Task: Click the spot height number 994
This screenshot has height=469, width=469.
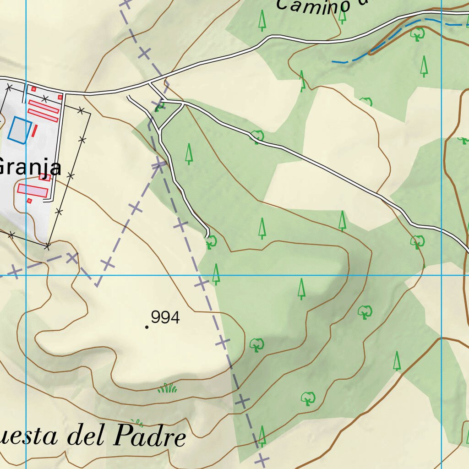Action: pyautogui.click(x=165, y=317)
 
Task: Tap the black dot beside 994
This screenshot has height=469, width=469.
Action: pyautogui.click(x=146, y=327)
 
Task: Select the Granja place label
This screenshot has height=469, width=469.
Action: pyautogui.click(x=29, y=167)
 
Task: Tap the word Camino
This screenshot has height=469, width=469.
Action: pyautogui.click(x=313, y=6)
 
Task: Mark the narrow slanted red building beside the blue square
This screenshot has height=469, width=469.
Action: pyautogui.click(x=34, y=131)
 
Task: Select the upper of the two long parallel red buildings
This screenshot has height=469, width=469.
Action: pyautogui.click(x=44, y=106)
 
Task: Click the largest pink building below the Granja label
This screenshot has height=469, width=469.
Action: pyautogui.click(x=33, y=190)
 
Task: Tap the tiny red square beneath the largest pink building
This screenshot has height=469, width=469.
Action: pyautogui.click(x=29, y=201)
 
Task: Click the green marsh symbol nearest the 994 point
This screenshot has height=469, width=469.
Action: pyautogui.click(x=168, y=388)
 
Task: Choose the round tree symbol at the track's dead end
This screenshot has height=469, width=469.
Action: pyautogui.click(x=211, y=241)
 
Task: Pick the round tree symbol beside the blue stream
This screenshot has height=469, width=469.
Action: pyautogui.click(x=417, y=33)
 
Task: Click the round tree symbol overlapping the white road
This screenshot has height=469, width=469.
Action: pyautogui.click(x=257, y=136)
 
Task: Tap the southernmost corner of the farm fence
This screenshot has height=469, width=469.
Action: pyautogui.click(x=47, y=246)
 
